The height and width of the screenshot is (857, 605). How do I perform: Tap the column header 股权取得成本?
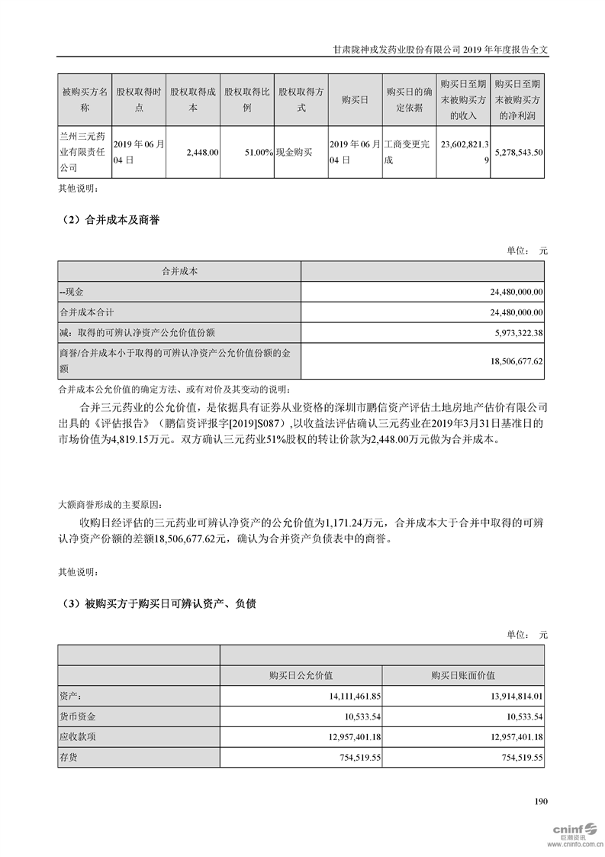193,99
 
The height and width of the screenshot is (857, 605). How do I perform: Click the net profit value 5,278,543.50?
518,153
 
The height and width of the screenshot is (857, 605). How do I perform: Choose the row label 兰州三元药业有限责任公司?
84,152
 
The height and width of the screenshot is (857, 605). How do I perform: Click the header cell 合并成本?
179,271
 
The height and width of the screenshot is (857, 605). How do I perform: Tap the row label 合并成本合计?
86,312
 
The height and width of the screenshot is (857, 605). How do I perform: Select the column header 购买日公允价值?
301,675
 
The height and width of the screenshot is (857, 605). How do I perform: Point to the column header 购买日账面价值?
463,675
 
